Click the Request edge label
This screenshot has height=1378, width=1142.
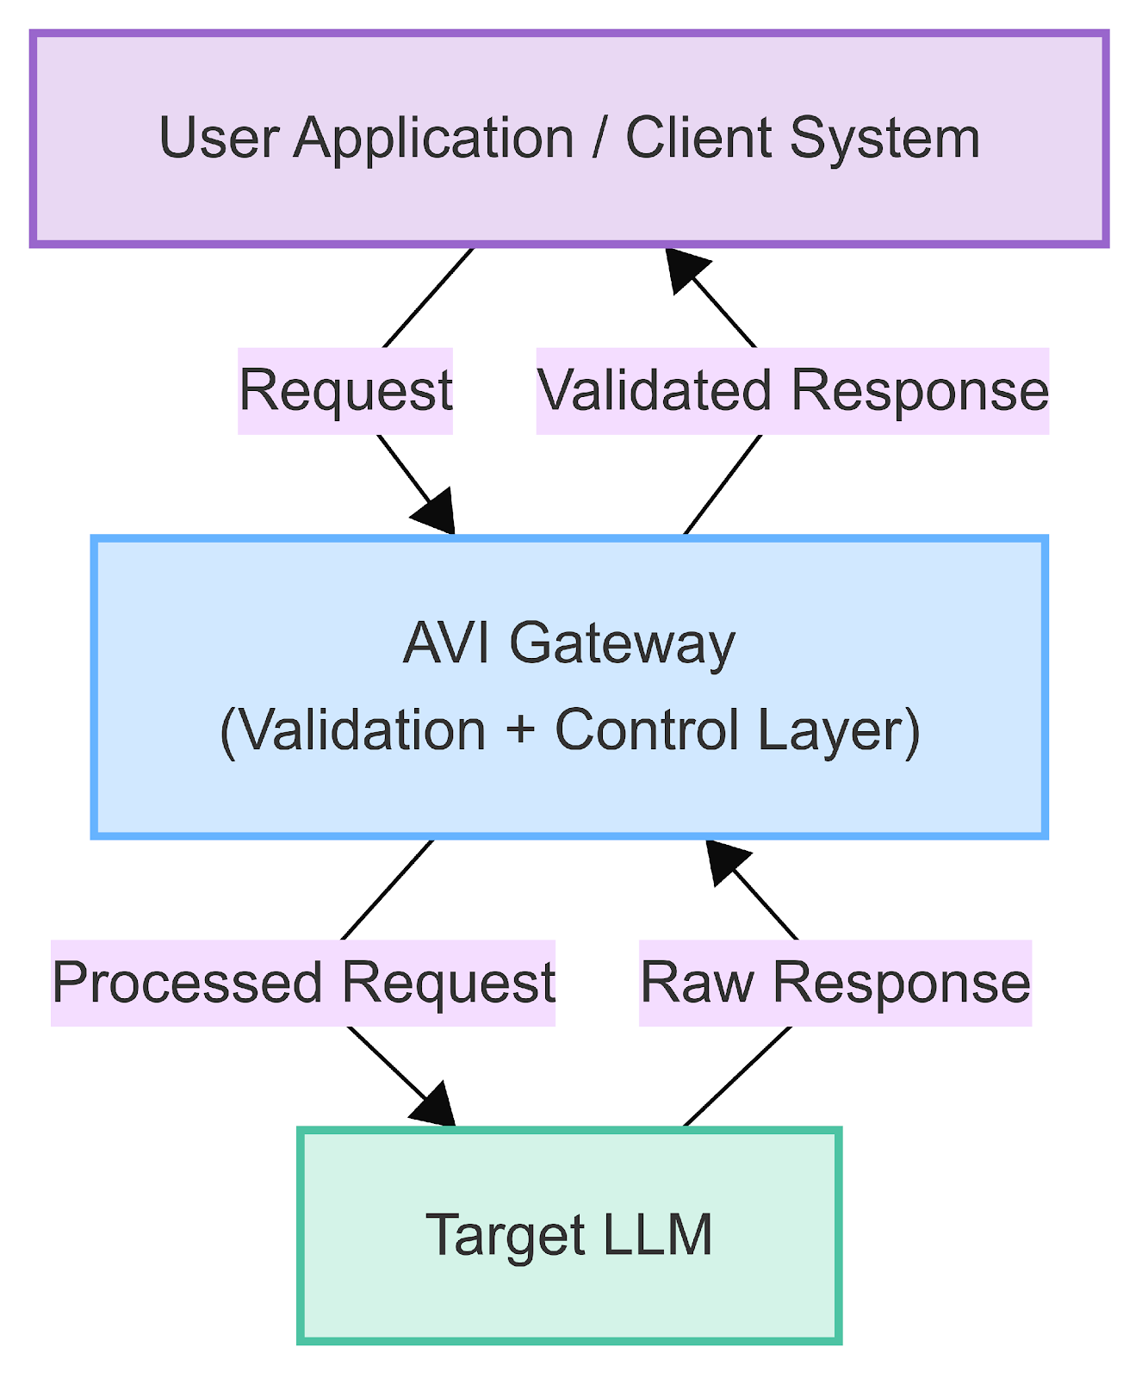345,390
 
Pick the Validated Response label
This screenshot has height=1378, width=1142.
792,390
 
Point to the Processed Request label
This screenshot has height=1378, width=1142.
303,982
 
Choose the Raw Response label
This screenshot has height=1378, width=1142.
835,982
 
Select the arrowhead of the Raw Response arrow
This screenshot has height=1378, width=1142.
725,861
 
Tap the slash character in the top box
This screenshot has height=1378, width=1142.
599,138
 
